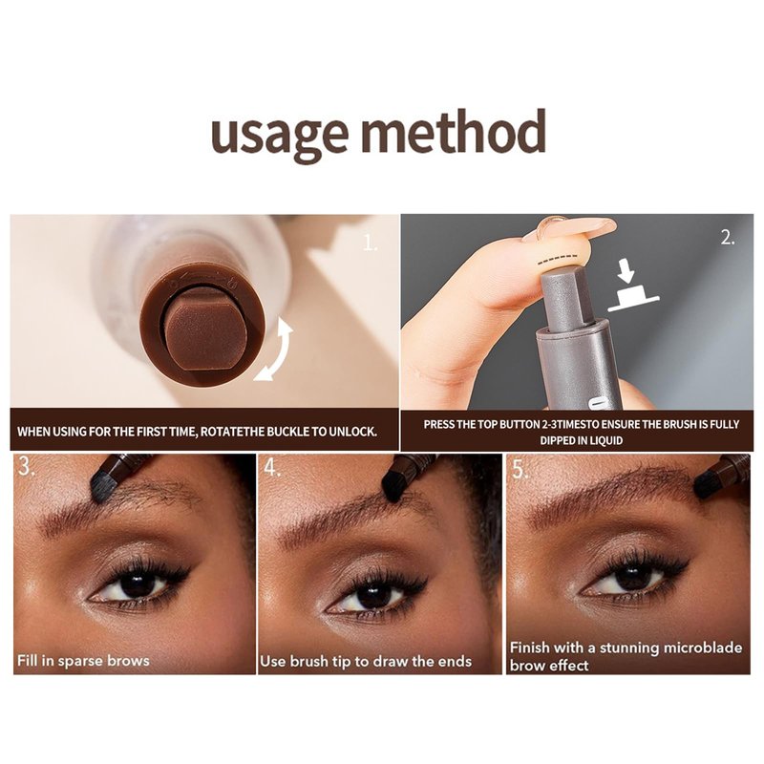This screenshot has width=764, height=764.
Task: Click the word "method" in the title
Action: click(453, 130)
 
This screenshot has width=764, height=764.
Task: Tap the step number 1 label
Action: click(371, 243)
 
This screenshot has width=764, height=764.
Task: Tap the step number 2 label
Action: click(728, 238)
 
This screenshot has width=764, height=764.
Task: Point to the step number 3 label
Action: click(27, 466)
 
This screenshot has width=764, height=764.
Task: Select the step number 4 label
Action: click(271, 467)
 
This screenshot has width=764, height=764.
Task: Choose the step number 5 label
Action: click(520, 470)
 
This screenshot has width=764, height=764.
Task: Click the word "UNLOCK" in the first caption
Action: click(352, 432)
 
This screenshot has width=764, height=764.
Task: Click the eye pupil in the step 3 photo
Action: click(138, 584)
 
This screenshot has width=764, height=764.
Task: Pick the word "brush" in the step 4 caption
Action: click(308, 661)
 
